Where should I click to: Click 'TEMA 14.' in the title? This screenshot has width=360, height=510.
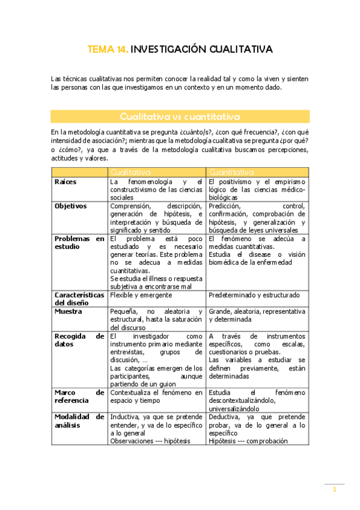coord(108,49)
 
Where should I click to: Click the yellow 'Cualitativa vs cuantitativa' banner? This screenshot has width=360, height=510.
coord(180,116)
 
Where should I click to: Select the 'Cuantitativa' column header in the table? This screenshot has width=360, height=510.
coord(231,172)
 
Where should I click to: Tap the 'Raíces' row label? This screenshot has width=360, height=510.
coord(65,182)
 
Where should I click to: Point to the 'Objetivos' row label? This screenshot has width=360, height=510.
coord(70,206)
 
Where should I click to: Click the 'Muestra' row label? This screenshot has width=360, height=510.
coord(68,312)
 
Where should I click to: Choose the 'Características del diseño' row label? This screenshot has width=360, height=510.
coord(79,299)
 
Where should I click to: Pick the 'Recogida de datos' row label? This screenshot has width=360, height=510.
coord(79,340)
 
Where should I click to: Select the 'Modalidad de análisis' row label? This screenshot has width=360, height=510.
coord(79,421)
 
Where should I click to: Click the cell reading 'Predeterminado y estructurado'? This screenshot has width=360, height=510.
coord(254,295)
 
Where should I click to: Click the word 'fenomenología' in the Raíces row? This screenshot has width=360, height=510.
coord(148,182)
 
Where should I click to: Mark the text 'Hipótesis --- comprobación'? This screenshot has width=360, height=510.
coord(248,441)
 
